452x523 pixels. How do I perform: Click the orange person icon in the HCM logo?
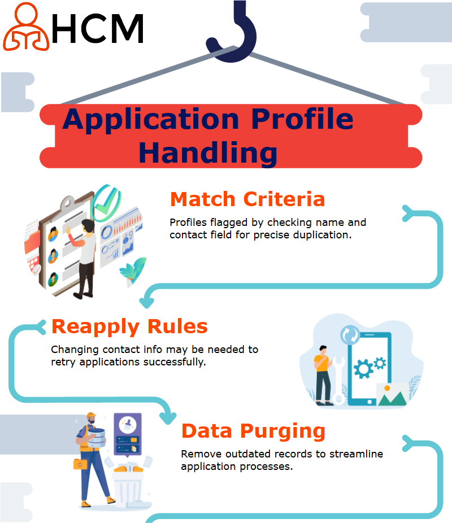coord(26,27)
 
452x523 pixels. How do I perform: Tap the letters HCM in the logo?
coord(98,28)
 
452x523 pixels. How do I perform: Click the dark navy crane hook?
coord(233,33)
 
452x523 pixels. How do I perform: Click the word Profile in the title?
coord(302,119)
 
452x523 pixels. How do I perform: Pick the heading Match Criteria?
coord(247,199)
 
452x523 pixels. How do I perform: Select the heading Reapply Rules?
coord(129,326)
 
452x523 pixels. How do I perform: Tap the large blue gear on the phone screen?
coord(363,369)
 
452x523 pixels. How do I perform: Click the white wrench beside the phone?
coord(338,380)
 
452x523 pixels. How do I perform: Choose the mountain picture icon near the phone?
coord(392,395)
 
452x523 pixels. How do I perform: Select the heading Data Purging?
coord(253,431)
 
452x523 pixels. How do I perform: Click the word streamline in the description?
coord(357,454)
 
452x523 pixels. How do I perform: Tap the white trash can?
coord(128,487)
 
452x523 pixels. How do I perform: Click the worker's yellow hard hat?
coord(91,416)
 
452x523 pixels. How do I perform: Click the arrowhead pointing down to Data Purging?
coord(168,417)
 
